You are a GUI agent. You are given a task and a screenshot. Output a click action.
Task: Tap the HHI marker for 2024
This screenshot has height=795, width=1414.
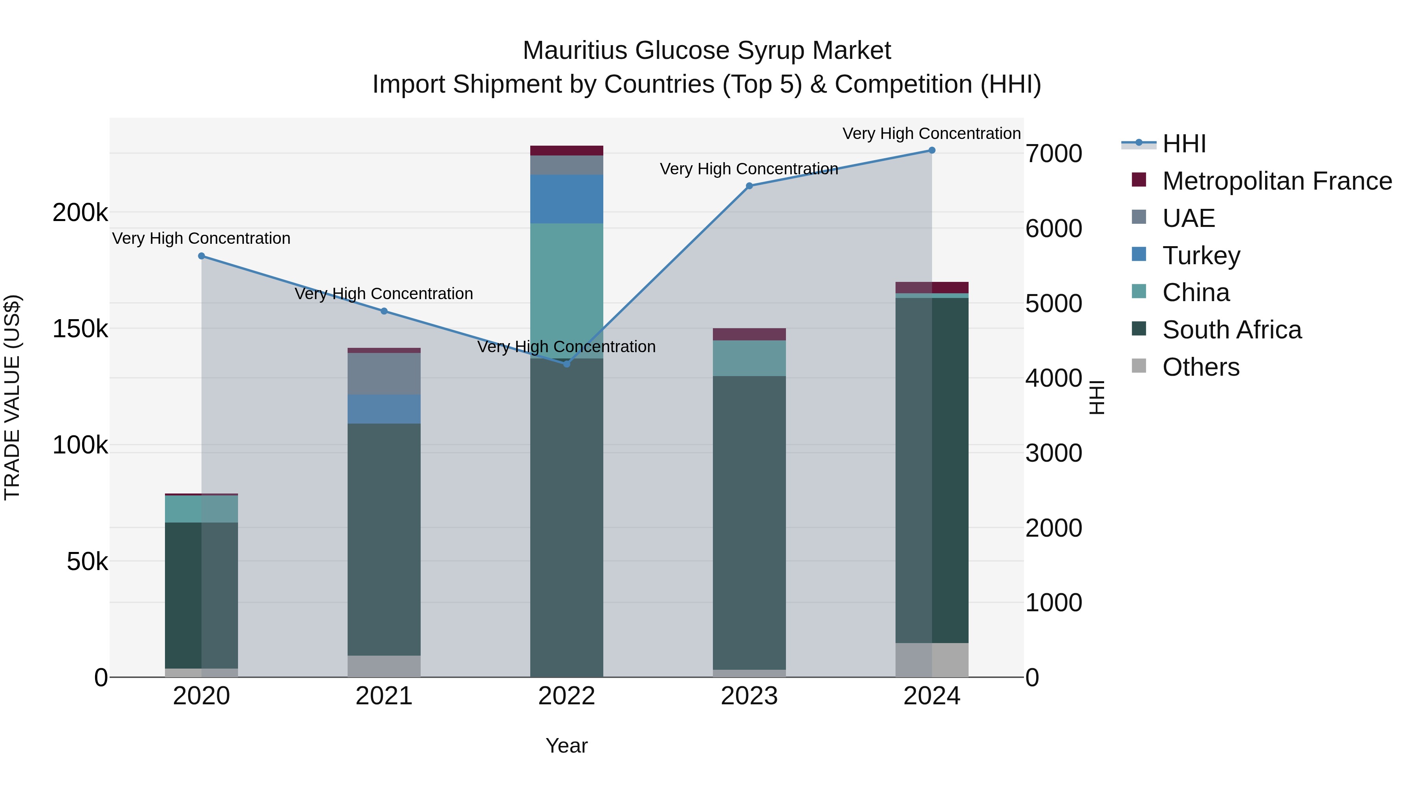tap(932, 150)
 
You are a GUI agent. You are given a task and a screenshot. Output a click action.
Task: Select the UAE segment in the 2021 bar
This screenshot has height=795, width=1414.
tap(384, 374)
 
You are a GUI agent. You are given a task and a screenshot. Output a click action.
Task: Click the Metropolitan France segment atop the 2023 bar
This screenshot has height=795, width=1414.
tap(749, 334)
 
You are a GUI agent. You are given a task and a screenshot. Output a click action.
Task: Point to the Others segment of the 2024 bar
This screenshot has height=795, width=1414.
tap(932, 660)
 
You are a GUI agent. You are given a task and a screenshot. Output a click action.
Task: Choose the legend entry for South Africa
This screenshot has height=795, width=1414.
tap(1232, 330)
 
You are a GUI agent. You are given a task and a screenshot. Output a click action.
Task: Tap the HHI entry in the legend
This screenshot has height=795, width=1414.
tap(1184, 144)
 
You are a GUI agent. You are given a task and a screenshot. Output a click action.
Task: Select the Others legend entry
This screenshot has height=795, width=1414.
tap(1200, 367)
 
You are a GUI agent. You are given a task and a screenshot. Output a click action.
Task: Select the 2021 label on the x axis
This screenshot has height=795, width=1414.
tap(384, 696)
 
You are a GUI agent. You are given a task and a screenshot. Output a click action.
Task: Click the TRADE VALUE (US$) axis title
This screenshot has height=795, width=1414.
tap(13, 397)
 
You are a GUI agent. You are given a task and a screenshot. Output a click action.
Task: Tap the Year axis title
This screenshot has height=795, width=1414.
tap(566, 746)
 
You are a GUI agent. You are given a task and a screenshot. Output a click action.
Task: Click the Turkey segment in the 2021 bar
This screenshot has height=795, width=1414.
tap(384, 409)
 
